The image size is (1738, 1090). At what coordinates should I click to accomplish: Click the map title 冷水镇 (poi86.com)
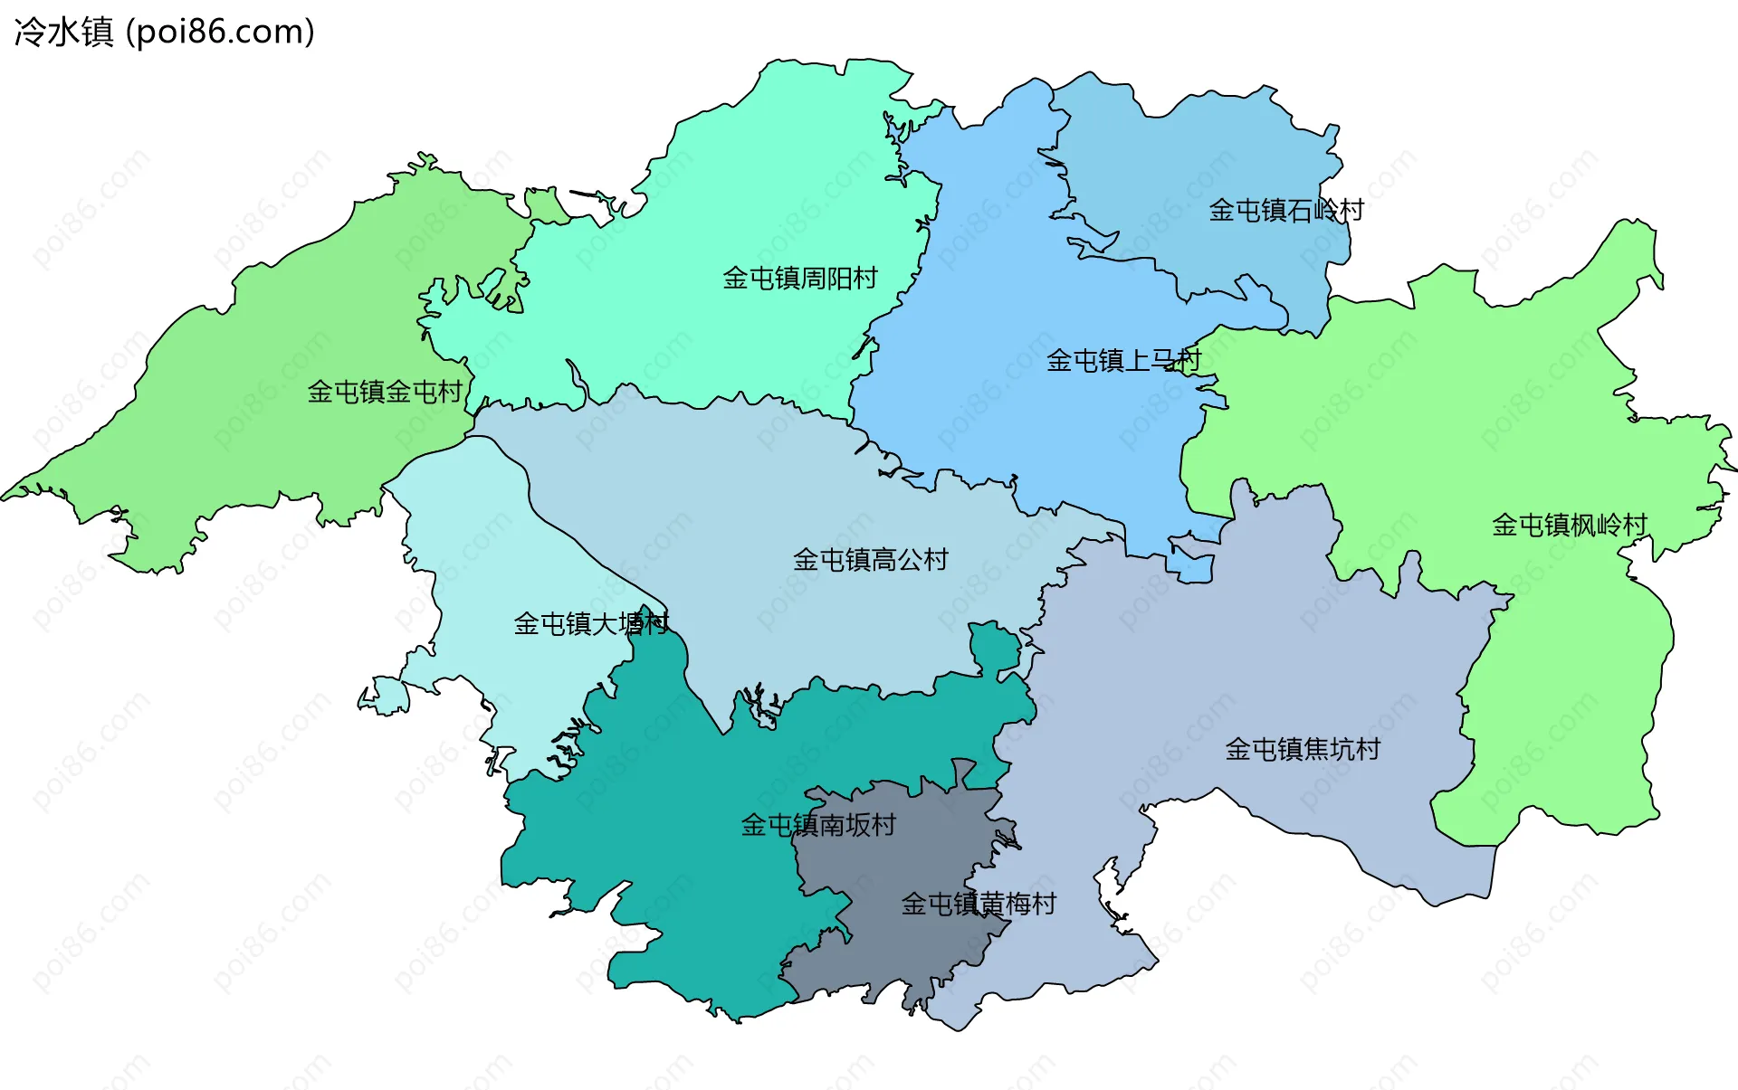[165, 33]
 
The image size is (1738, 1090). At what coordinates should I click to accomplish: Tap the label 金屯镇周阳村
[799, 279]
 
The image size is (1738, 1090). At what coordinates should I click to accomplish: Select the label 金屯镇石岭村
[1285, 211]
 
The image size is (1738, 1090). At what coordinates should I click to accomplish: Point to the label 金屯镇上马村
[1122, 361]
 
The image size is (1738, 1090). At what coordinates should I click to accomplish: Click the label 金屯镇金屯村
[385, 392]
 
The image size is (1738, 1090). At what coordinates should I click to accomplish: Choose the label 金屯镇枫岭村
[1569, 526]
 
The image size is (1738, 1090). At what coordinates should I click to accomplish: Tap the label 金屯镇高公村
[870, 560]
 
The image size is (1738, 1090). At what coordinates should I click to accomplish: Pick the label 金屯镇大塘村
[590, 623]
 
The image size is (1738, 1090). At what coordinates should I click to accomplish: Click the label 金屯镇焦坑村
[1302, 749]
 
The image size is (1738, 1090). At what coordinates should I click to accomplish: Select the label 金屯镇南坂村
[817, 825]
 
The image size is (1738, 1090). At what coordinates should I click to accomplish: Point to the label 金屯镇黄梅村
[978, 904]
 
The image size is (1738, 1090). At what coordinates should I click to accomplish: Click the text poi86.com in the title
[221, 33]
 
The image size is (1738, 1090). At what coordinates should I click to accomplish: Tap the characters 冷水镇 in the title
[63, 33]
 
